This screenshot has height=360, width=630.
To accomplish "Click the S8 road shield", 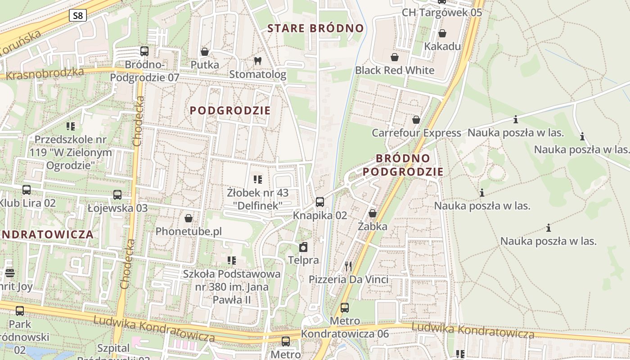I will (78, 16).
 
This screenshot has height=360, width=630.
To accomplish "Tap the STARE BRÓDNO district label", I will (315, 28).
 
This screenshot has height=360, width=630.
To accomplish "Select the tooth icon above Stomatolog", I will (258, 61).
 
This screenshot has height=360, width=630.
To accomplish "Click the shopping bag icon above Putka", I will (205, 52).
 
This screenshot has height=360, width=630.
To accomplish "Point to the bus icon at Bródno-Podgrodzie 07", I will (144, 51).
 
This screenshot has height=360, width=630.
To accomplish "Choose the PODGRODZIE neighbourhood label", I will (230, 110).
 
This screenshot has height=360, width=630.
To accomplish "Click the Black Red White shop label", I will (395, 70).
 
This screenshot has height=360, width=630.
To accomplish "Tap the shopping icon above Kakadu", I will (442, 33).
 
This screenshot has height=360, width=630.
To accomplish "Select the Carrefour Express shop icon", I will (416, 120).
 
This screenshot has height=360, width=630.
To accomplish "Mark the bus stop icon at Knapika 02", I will (320, 202).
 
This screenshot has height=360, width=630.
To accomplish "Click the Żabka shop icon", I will (373, 213).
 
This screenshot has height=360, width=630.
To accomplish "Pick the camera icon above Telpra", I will (304, 247).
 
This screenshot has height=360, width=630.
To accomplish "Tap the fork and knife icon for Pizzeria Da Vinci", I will (348, 266).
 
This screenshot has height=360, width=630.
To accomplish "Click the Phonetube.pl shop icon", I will (189, 218).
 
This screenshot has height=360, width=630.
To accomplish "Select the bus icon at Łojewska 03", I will (117, 195).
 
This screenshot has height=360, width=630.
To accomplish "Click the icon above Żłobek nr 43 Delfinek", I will (258, 180).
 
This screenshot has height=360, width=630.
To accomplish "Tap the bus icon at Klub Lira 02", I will (27, 190).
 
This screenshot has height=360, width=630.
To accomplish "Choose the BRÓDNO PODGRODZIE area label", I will (403, 165).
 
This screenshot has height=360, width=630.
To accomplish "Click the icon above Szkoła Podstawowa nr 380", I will (232, 261).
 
